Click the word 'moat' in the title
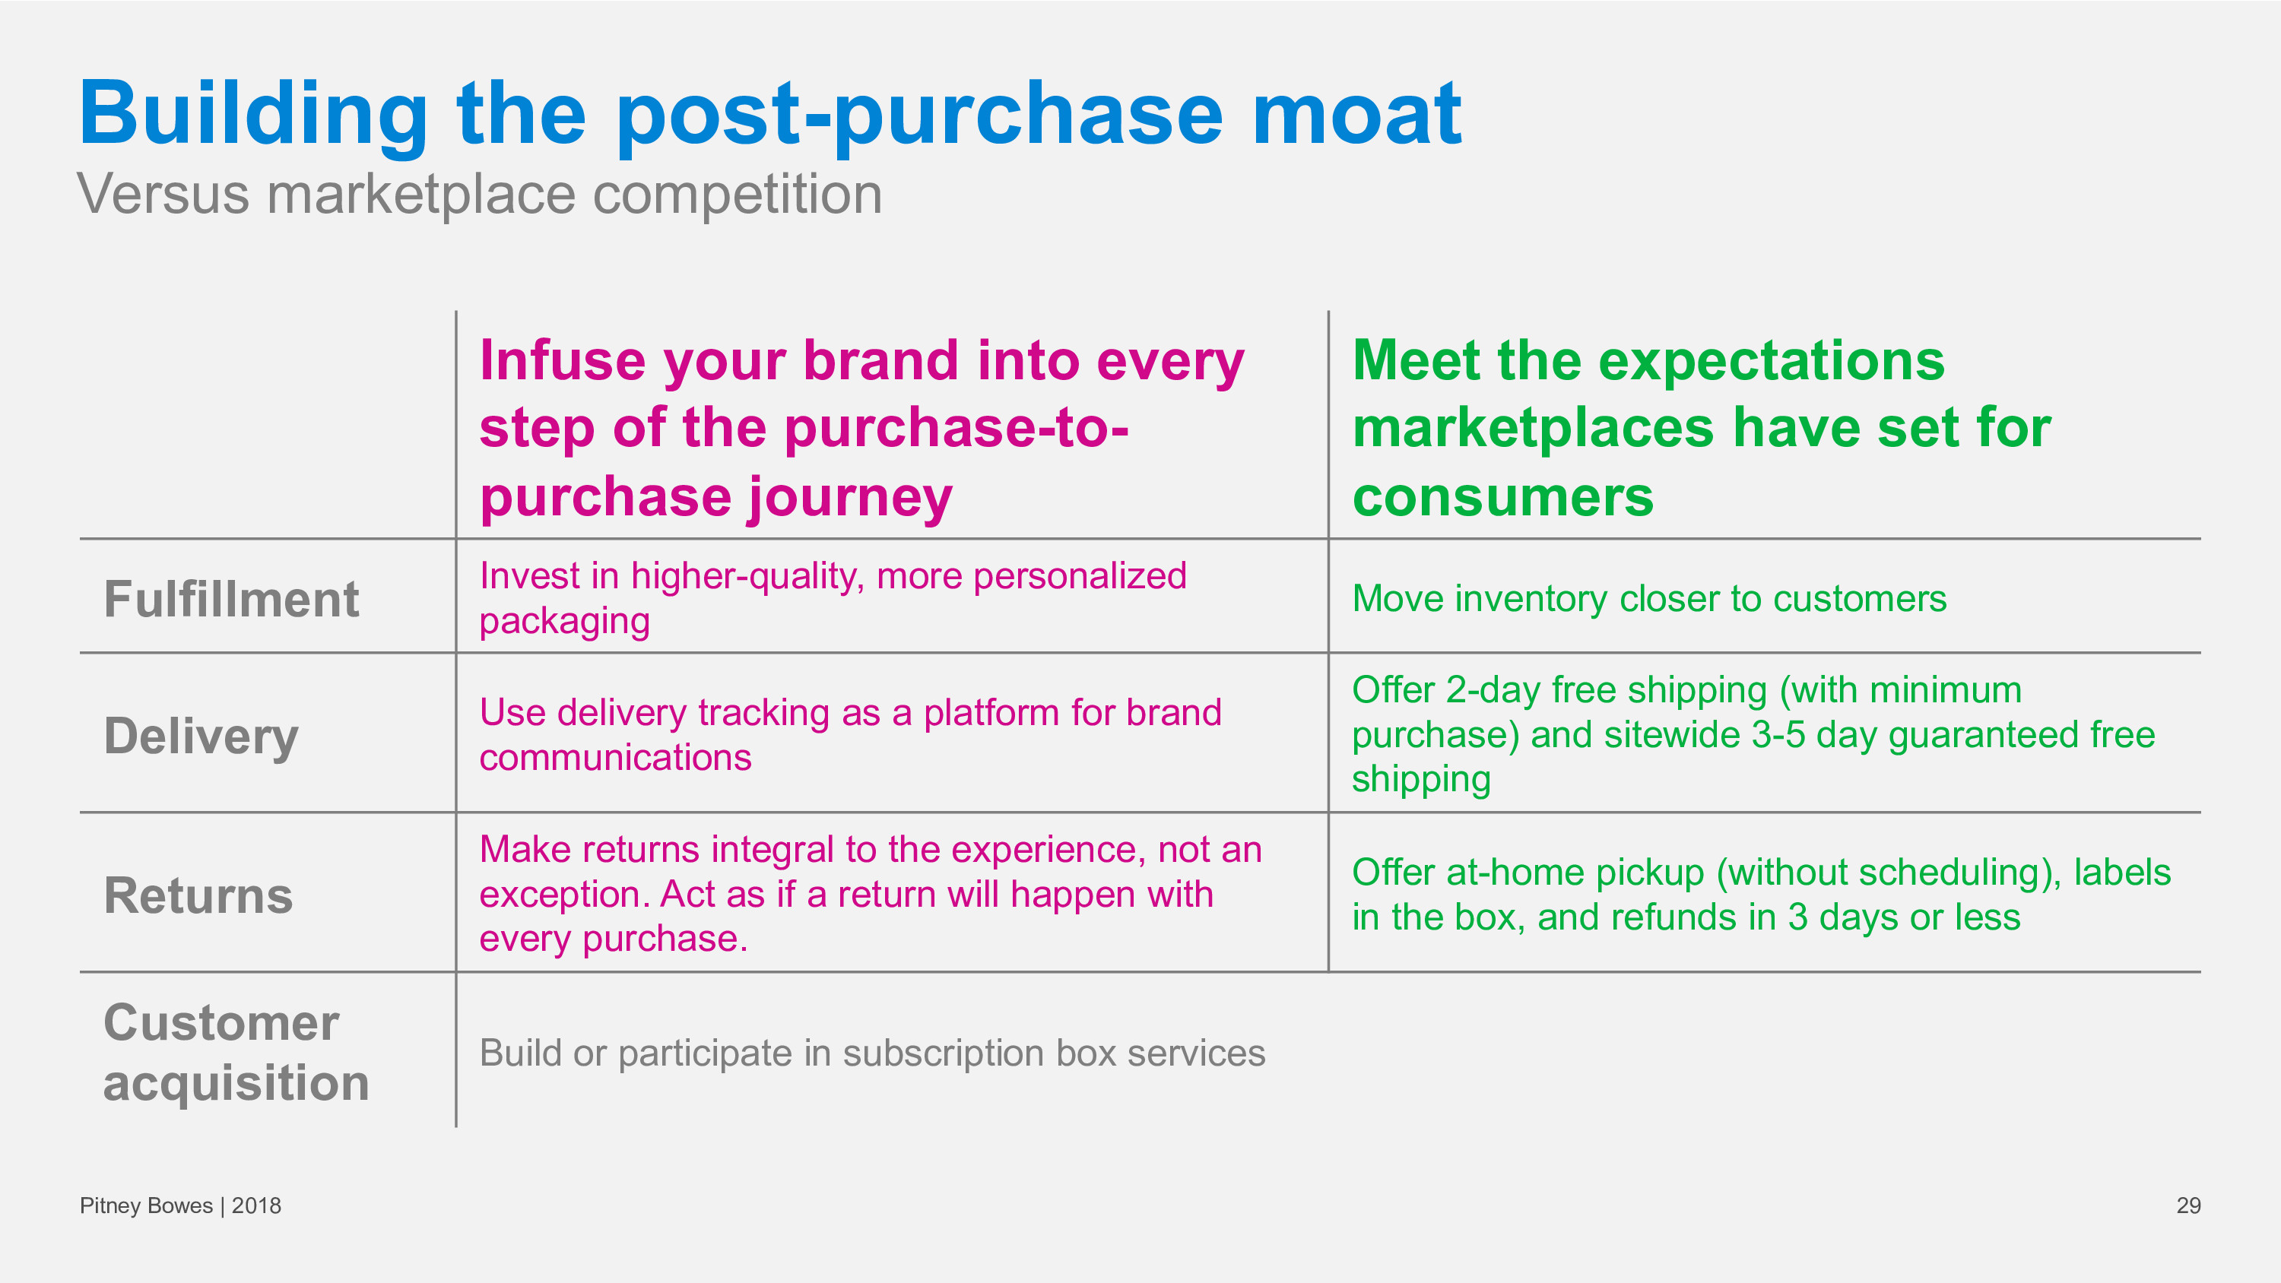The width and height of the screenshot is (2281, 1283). click(1356, 114)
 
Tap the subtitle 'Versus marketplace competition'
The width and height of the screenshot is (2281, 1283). click(479, 194)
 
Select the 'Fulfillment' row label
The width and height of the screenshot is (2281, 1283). click(231, 600)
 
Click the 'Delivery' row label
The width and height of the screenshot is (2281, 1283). click(201, 737)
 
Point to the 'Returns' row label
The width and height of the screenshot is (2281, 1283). click(198, 895)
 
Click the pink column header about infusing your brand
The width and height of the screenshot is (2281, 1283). click(861, 429)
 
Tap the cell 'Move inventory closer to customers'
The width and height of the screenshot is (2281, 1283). click(1648, 600)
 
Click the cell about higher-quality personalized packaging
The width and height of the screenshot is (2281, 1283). click(833, 599)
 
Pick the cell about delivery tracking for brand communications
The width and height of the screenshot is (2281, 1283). click(850, 735)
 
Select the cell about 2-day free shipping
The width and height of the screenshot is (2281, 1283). click(1753, 734)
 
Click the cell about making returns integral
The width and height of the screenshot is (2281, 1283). click(871, 893)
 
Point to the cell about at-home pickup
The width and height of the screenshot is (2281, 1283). click(1761, 895)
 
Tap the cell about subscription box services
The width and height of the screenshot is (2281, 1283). click(872, 1053)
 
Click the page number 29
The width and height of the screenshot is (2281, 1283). click(2188, 1206)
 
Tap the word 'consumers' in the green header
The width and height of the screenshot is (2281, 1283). click(1502, 497)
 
